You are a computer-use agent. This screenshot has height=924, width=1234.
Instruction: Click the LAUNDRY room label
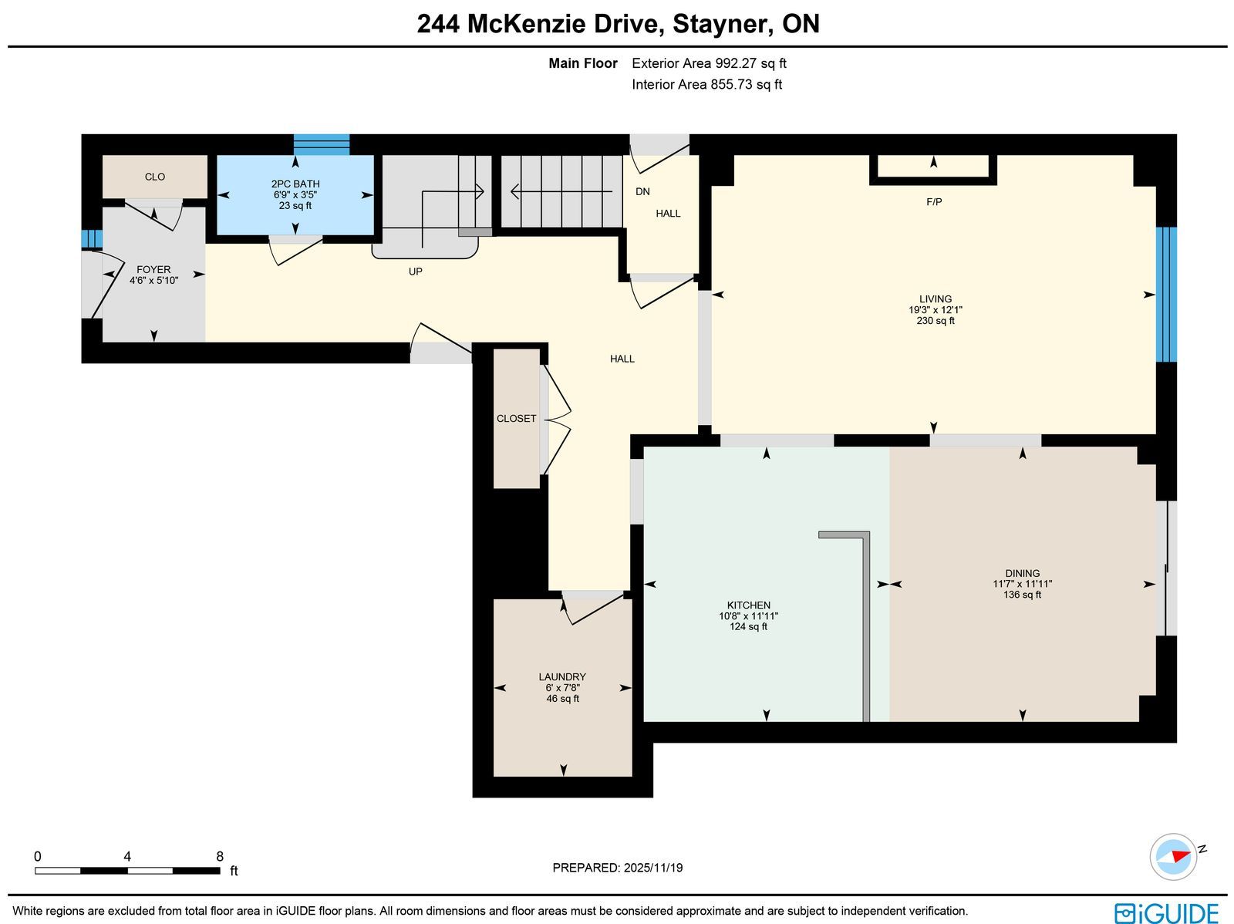[x=562, y=676]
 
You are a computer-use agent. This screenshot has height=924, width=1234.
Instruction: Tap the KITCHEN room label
[x=748, y=605]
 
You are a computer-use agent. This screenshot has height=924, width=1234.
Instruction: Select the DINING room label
[x=1022, y=573]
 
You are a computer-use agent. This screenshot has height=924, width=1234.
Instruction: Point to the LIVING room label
[x=936, y=299]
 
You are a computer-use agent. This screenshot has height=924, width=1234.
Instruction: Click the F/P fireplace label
[x=934, y=202]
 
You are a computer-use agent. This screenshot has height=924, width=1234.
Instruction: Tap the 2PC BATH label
[x=295, y=184]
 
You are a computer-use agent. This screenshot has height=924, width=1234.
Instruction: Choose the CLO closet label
[x=154, y=177]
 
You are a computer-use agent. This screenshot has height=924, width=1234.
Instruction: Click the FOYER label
[x=153, y=270]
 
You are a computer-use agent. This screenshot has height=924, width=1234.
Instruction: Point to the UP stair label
[x=416, y=271]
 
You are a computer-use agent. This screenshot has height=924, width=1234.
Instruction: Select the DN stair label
[x=642, y=191]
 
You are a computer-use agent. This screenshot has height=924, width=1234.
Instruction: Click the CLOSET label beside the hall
[x=516, y=418]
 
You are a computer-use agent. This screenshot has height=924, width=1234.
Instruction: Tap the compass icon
[x=1174, y=857]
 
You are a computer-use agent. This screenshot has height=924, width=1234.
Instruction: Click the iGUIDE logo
[x=1166, y=912]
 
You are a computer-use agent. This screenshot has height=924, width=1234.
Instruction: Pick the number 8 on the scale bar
[x=220, y=856]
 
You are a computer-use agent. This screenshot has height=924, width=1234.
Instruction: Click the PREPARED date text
[x=617, y=868]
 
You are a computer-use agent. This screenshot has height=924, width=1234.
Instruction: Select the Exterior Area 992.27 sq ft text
[x=709, y=63]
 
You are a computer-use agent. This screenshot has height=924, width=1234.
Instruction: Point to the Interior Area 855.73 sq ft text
[x=706, y=84]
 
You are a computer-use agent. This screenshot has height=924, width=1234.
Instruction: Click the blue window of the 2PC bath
[x=322, y=144]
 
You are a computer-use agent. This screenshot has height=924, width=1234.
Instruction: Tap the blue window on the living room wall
[x=1167, y=294]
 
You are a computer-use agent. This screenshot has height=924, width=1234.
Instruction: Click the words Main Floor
[x=583, y=63]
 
